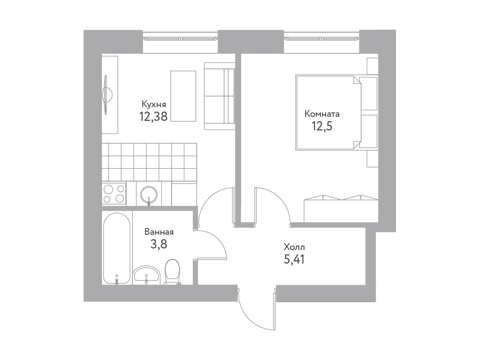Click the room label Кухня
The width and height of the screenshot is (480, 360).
click(154, 104)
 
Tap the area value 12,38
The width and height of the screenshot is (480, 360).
click(153, 116)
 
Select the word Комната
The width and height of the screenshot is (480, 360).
click(322, 114)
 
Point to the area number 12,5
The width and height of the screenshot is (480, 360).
click(322, 126)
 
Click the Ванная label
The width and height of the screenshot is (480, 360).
click(159, 232)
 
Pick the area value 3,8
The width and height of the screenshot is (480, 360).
click(159, 244)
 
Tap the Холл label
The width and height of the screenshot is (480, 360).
click(294, 247)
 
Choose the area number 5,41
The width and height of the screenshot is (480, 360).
click(294, 260)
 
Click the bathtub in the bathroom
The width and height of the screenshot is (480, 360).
click(116, 248)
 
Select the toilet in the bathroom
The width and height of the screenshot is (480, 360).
click(172, 272)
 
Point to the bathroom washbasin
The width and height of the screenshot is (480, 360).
click(147, 274)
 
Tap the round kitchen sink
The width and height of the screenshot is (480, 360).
click(149, 194)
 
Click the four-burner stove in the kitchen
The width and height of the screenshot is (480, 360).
click(114, 194)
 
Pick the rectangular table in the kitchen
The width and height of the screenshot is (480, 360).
click(183, 96)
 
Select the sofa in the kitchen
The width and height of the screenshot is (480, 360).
click(219, 96)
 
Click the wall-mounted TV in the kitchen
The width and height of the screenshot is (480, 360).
click(107, 95)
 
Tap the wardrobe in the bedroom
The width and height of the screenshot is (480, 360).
click(341, 208)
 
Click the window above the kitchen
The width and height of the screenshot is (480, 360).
click(180, 39)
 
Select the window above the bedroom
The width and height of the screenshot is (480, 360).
click(322, 39)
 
